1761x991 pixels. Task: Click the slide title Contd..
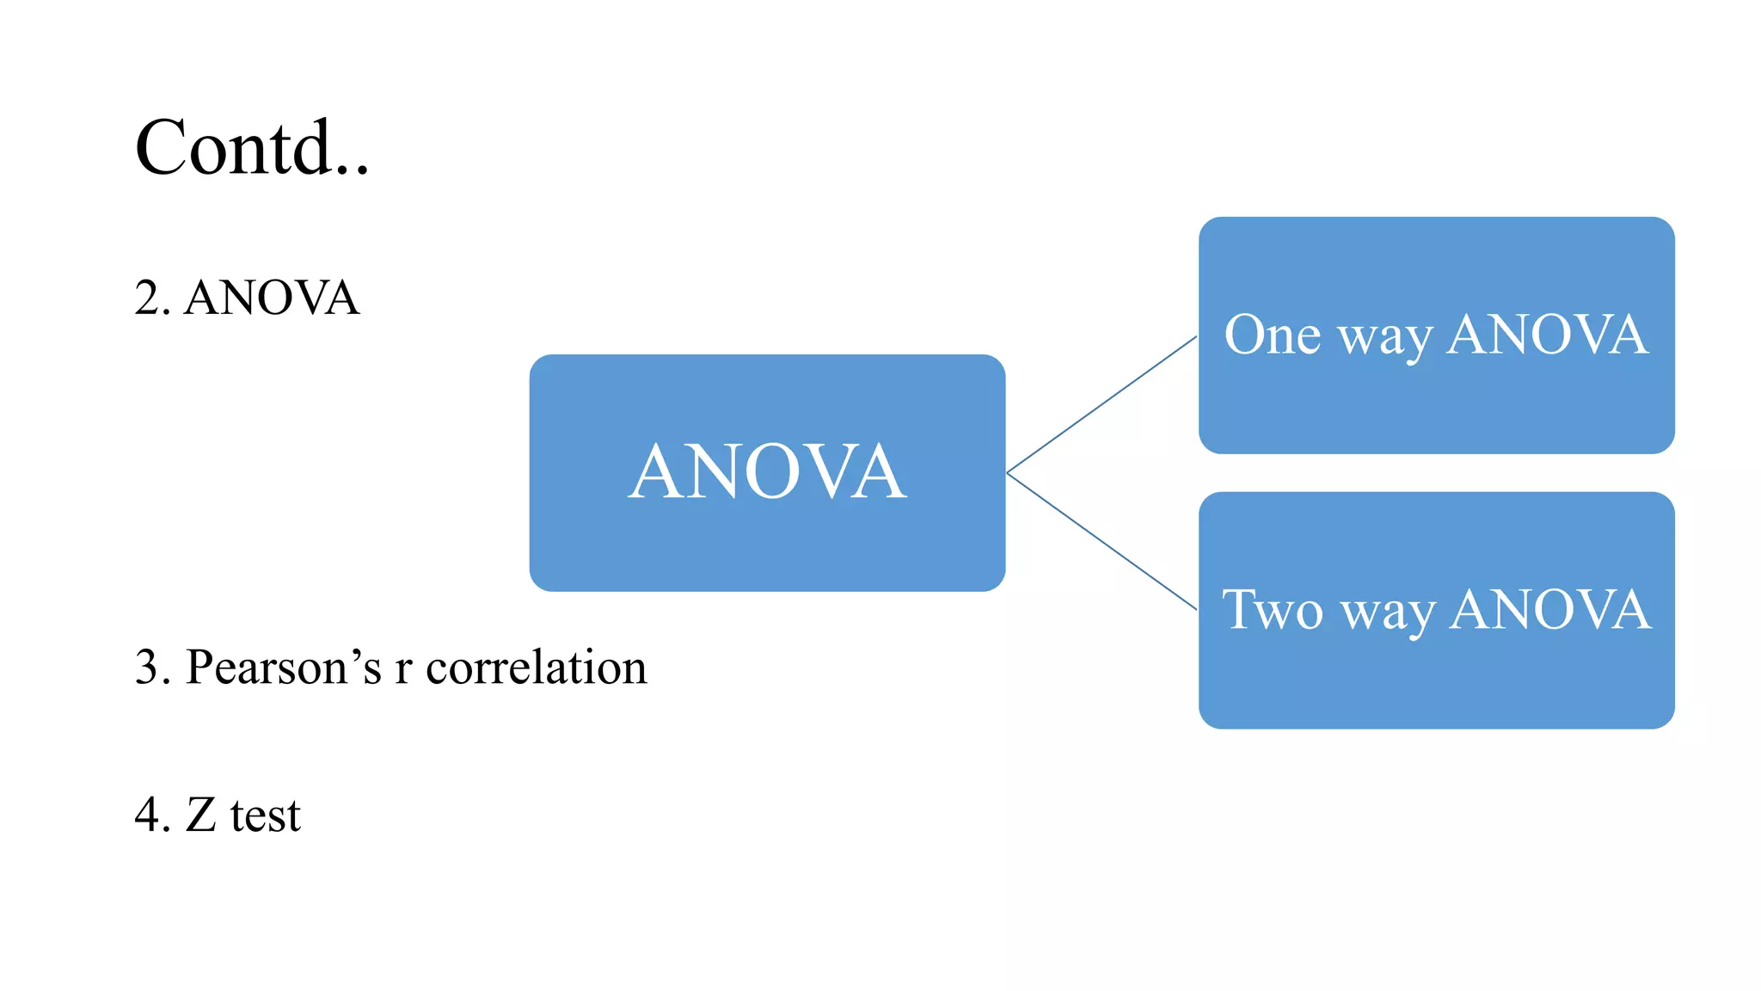click(x=251, y=148)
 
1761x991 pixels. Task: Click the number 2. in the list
click(x=152, y=299)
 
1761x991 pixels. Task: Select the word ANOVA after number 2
click(x=272, y=299)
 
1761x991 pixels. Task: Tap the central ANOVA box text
click(x=767, y=472)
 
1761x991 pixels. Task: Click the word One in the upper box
click(x=1272, y=335)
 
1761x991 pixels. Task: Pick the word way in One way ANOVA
click(x=1385, y=338)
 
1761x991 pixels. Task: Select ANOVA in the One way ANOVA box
click(x=1547, y=335)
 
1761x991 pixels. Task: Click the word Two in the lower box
click(x=1272, y=610)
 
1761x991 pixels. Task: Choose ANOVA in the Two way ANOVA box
click(x=1549, y=610)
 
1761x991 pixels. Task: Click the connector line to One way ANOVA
click(x=1102, y=404)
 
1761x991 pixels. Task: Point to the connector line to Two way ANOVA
click(x=1102, y=541)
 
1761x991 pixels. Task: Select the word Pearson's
click(x=283, y=668)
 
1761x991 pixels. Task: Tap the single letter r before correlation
click(x=403, y=671)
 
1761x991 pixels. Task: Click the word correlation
click(x=536, y=668)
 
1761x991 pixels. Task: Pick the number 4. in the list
click(x=152, y=815)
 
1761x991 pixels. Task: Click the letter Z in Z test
click(x=201, y=815)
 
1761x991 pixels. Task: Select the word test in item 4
click(x=266, y=816)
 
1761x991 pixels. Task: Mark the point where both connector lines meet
click(x=1008, y=472)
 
